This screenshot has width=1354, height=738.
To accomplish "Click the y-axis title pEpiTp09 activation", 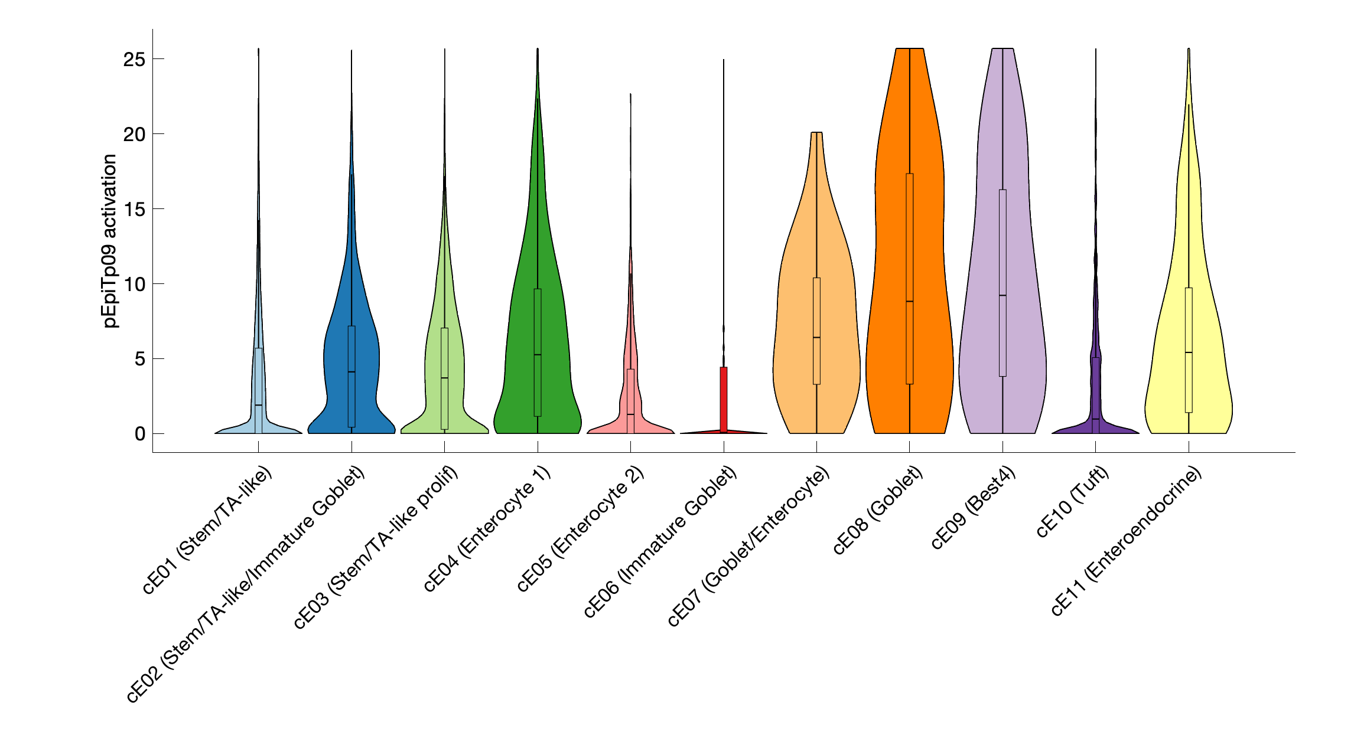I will pyautogui.click(x=110, y=241).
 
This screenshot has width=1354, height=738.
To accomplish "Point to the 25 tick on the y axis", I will pyautogui.click(x=134, y=59).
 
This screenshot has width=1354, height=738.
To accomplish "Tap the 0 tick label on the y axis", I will pyautogui.click(x=139, y=434).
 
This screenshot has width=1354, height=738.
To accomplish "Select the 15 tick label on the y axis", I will pyautogui.click(x=134, y=209).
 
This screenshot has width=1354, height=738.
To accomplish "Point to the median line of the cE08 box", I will pyautogui.click(x=909, y=301).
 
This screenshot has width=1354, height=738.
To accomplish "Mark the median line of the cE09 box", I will pyautogui.click(x=1003, y=295).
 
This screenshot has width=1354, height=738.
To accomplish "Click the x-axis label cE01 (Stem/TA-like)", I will pyautogui.click(x=207, y=530).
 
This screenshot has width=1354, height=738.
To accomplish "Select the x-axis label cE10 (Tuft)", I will pyautogui.click(x=1073, y=501).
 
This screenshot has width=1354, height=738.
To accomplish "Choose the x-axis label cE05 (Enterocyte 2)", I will pyautogui.click(x=580, y=528).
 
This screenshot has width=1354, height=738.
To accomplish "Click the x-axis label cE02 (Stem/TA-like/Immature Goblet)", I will pyautogui.click(x=246, y=584).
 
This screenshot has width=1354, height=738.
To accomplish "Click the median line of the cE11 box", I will pyautogui.click(x=1189, y=352).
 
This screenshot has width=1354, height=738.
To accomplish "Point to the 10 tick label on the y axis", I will pyautogui.click(x=134, y=284).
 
